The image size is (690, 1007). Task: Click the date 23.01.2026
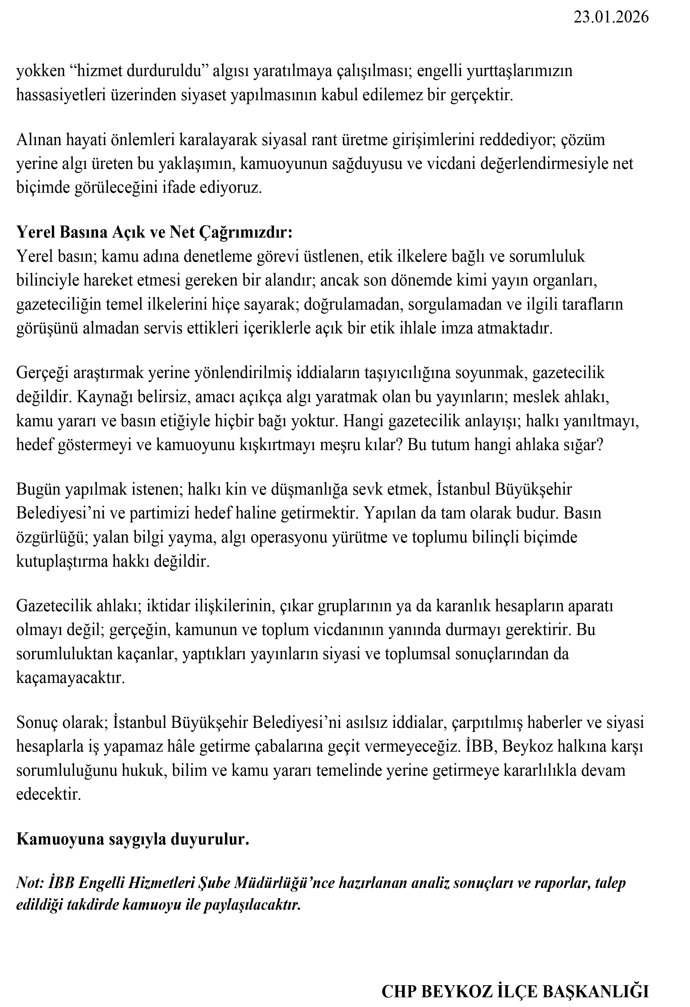[x=611, y=17]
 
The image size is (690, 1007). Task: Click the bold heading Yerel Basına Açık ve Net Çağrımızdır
[x=155, y=232]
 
